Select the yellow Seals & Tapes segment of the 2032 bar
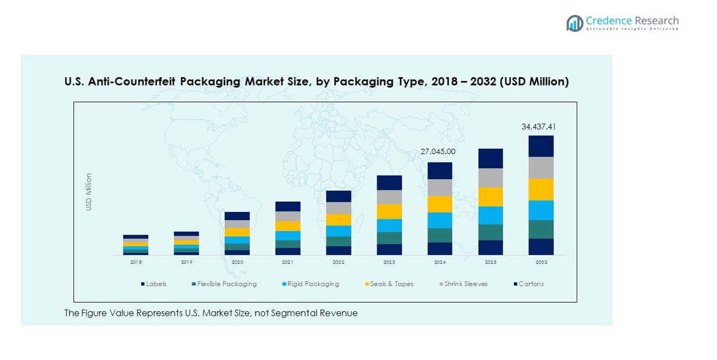[541, 189]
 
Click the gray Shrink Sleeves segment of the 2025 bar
[490, 177]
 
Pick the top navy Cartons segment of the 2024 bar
[439, 171]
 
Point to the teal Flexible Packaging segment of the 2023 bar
[389, 238]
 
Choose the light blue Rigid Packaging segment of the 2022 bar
[339, 230]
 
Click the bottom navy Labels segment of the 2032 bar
[541, 247]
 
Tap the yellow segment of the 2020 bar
[237, 232]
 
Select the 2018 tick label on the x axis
[136, 262]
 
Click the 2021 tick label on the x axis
[288, 262]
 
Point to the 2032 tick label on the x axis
[541, 262]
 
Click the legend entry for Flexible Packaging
[226, 284]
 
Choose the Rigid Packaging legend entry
[312, 284]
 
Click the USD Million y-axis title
[89, 192]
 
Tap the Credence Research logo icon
[574, 23]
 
